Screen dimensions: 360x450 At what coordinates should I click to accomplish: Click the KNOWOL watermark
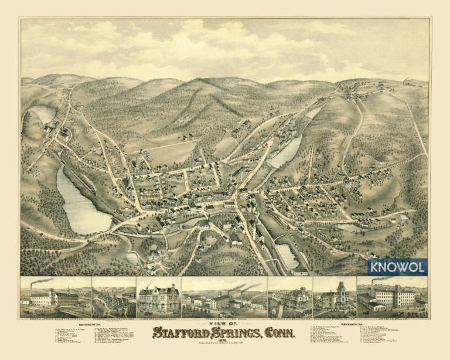[x=397, y=267]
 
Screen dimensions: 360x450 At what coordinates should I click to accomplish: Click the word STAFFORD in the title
[x=180, y=333]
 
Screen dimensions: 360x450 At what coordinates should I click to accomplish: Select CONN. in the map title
[x=279, y=333]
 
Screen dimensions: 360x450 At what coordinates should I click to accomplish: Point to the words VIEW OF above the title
[x=224, y=324]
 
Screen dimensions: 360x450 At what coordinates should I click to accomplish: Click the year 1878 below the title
[x=224, y=341]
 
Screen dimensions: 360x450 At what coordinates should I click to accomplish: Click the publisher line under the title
[x=224, y=345]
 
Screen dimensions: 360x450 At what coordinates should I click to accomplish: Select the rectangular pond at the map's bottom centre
[x=287, y=256]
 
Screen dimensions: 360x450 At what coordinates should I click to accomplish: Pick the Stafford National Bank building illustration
[x=158, y=299]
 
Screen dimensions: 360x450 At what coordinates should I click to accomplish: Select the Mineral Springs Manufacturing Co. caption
[x=55, y=317]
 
